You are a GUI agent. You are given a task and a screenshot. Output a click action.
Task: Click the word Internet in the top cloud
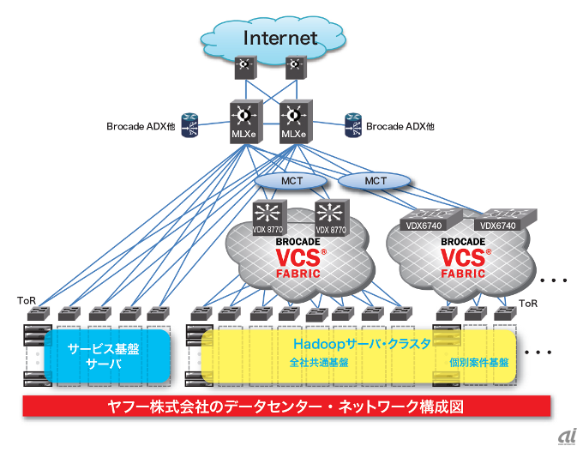pos(280,38)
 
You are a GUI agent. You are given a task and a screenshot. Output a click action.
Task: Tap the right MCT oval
pos(376,182)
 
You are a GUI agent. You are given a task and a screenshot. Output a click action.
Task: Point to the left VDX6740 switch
pos(425,220)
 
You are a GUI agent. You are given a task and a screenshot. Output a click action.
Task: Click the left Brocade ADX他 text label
pos(141,126)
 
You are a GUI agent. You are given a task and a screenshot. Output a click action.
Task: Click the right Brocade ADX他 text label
pos(400,126)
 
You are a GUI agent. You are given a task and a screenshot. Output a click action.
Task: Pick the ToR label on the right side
pos(529,304)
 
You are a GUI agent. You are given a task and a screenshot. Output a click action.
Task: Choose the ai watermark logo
pos(563,436)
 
